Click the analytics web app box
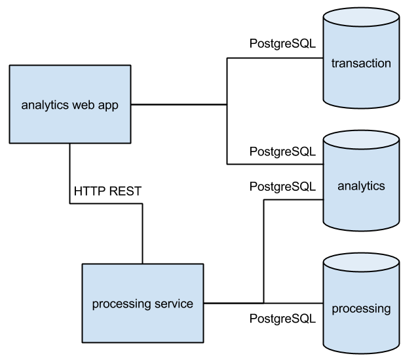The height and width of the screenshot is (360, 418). (70, 104)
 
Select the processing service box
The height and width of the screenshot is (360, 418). (142, 304)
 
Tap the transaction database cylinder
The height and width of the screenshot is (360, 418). (361, 64)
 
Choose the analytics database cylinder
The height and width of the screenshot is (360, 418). (361, 186)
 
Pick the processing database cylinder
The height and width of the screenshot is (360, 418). (361, 308)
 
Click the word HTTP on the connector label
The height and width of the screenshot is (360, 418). (88, 191)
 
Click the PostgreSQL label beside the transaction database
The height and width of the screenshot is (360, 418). (282, 44)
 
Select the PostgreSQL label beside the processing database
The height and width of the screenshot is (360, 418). (282, 319)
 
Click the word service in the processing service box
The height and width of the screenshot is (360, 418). (173, 304)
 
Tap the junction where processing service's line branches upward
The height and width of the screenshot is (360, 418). (263, 304)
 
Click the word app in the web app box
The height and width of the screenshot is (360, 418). (108, 105)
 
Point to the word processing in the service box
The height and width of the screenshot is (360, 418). (121, 304)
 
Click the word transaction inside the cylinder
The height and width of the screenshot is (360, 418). (361, 64)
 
